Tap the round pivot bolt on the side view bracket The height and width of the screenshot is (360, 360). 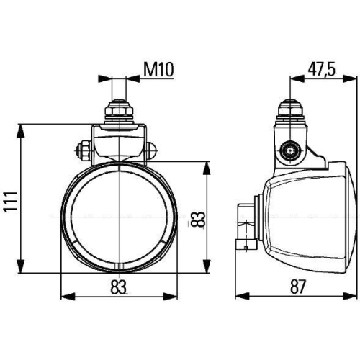(291, 150)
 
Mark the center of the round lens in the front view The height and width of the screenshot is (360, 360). (119, 216)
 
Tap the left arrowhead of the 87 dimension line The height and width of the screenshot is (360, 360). (240, 296)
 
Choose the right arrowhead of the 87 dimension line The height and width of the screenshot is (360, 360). (351, 296)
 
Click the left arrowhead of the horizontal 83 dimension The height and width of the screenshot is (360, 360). (66, 296)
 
